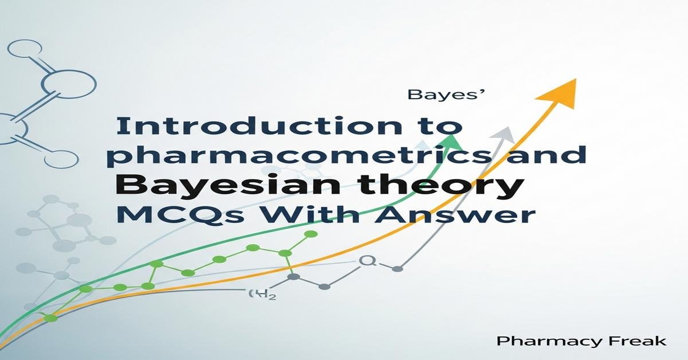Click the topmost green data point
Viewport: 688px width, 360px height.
(x=311, y=234)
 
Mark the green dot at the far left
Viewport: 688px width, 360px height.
(x=51, y=318)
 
